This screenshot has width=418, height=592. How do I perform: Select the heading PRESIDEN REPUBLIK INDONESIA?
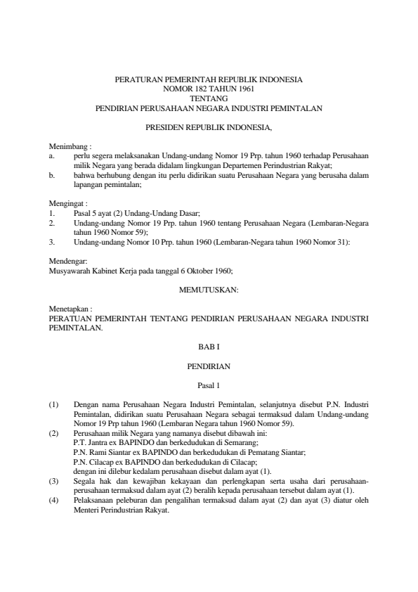208,128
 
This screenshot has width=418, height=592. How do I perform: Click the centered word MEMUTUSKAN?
209,289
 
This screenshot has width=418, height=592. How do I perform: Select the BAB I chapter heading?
209,347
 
